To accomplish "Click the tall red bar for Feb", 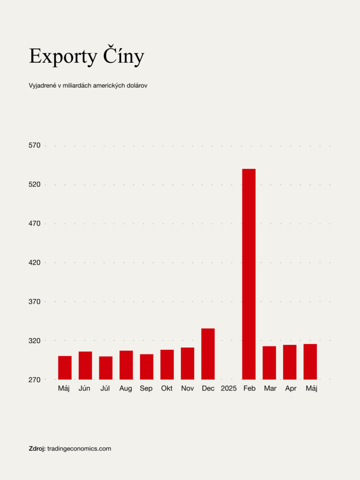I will pos(249,274).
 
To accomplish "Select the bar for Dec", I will pos(208,354).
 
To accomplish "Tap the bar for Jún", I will pos(85,365).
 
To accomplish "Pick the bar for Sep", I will pos(146,367).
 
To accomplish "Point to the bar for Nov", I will pos(187,363).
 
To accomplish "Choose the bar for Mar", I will pos(269,362).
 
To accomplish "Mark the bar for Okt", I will pos(167,364).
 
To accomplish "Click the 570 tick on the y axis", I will pos(35,146).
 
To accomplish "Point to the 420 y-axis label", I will pos(35,262).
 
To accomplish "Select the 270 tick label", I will pos(35,379).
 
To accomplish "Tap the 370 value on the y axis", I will pos(35,301).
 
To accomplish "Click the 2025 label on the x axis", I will pos(229,389).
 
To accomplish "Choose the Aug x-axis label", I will pos(126,389).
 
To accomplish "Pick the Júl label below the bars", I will pos(105,389).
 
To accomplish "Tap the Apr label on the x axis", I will pos(291,389).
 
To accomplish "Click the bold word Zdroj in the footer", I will pos(37,449).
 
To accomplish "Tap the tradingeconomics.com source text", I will pos(79,449).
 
